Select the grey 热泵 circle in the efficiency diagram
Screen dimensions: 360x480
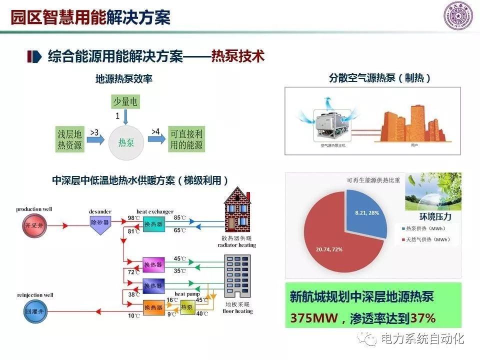point(126,142)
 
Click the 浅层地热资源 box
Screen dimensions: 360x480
point(70,139)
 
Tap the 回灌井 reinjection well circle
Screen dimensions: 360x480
point(31,311)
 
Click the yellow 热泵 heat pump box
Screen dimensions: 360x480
point(187,307)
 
